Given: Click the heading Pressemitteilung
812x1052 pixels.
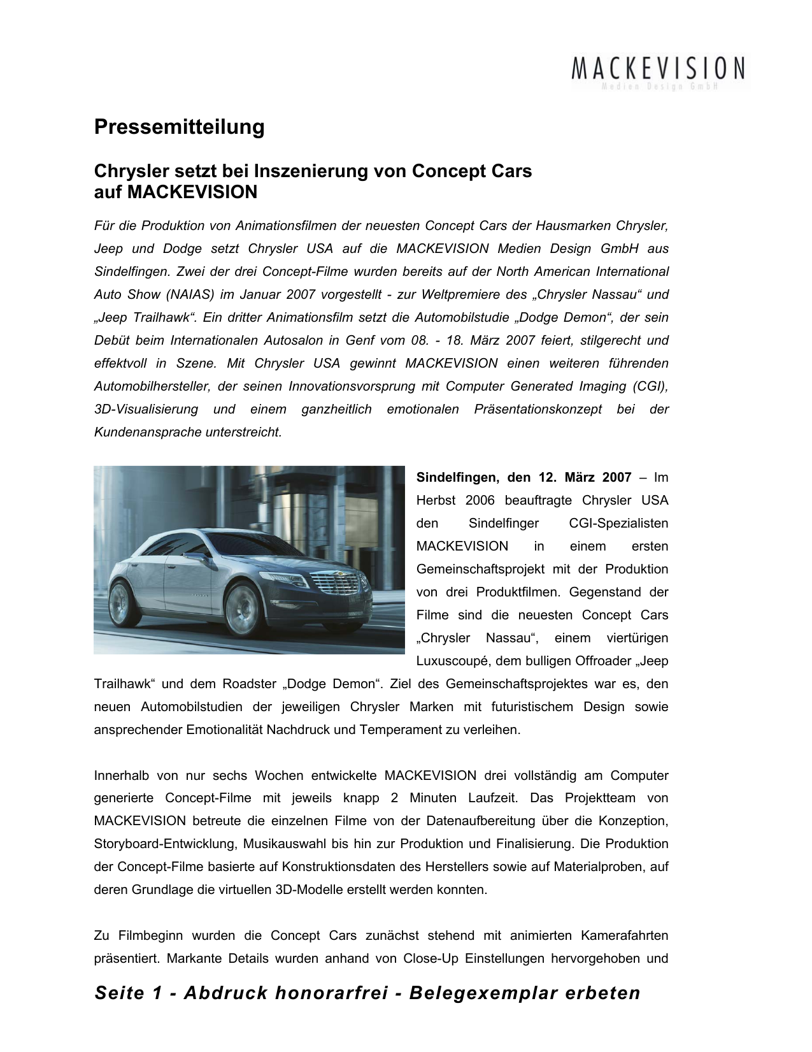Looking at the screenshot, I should tap(179, 127).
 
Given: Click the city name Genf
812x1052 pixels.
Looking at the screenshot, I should tap(360, 340).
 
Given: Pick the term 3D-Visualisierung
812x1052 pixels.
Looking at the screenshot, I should tap(146, 409).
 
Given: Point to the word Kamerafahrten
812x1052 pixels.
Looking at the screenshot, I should tap(624, 935).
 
